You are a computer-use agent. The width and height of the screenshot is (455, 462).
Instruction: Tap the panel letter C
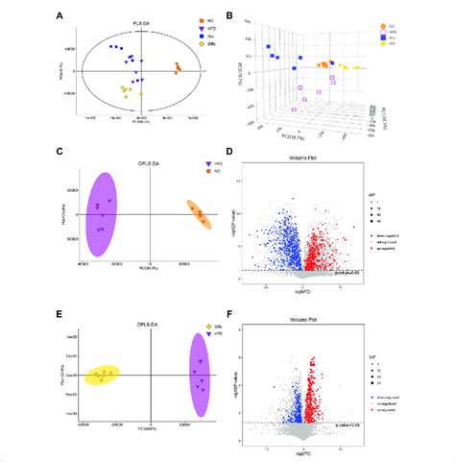pyautogui.click(x=61, y=151)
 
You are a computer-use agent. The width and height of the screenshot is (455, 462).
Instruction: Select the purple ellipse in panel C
pyautogui.click(x=102, y=213)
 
